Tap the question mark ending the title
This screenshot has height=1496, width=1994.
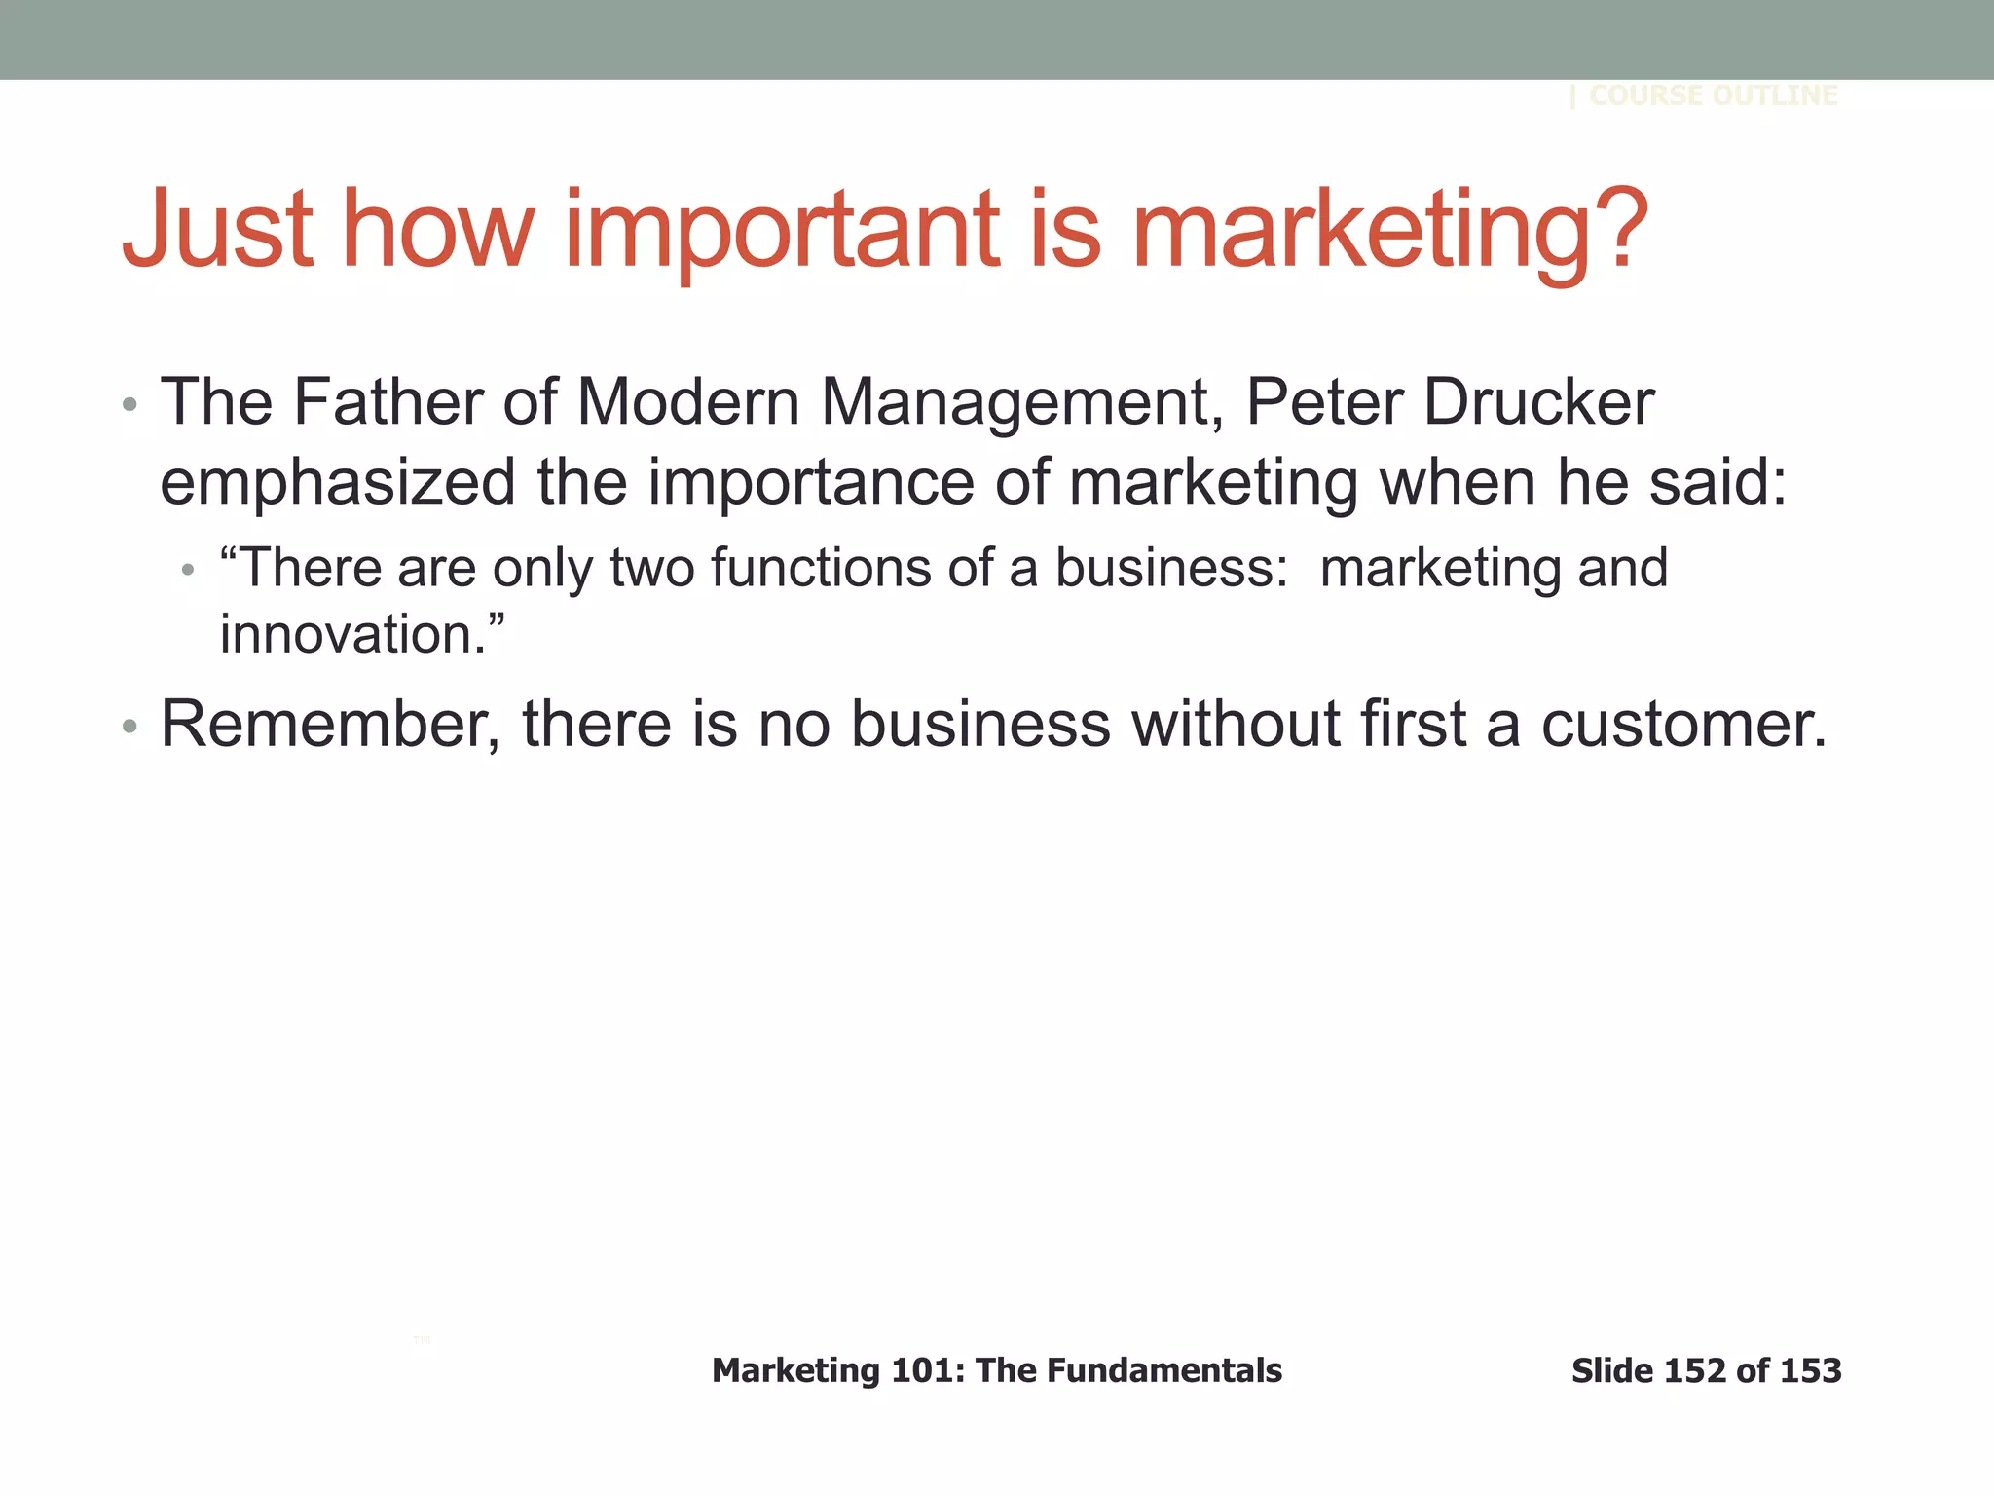coord(1616,229)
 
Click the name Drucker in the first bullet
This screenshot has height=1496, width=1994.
coord(1538,401)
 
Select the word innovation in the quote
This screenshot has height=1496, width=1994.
coord(347,634)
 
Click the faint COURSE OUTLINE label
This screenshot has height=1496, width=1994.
coord(1713,95)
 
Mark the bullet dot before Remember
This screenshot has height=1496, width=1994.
coord(130,727)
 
